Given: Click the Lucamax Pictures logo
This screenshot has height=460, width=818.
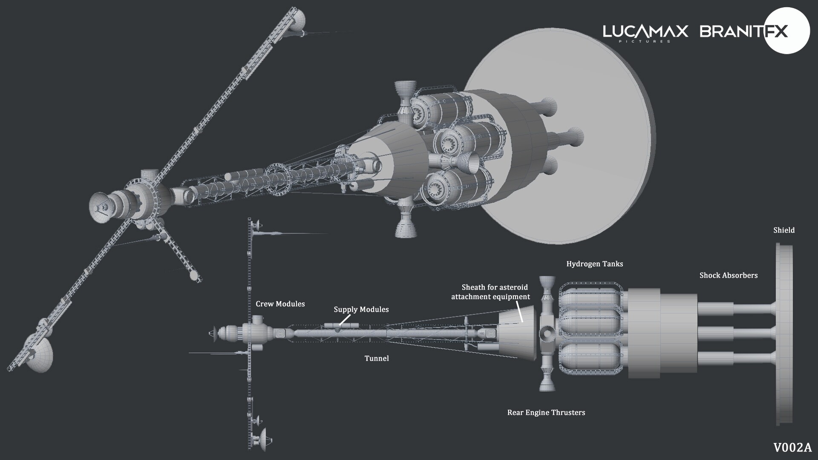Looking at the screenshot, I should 645,32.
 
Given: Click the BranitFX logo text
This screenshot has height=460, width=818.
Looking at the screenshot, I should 743,32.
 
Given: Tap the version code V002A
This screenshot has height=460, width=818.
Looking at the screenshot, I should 792,448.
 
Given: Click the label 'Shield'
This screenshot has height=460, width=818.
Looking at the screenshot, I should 784,230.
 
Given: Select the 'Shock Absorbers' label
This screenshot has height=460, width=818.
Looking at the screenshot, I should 728,276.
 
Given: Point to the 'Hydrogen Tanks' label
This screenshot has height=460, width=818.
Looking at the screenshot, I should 594,264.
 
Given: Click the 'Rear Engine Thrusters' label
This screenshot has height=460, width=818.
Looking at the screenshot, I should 546,413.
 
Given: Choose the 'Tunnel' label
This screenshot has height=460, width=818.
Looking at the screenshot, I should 377,359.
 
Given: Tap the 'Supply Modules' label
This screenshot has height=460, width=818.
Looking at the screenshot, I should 361,310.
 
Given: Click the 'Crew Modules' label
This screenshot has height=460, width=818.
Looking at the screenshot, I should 280,304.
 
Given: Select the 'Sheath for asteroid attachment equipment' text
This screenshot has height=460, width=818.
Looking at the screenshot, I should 491,292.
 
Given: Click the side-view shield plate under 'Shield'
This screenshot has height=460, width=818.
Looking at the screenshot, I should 784,334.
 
